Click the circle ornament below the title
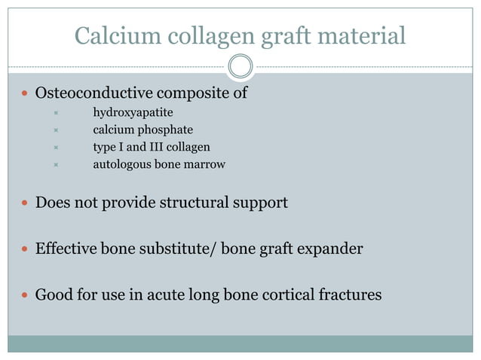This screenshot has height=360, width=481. (x=240, y=66)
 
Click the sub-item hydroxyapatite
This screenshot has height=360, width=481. (x=133, y=113)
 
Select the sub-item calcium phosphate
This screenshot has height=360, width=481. (x=142, y=130)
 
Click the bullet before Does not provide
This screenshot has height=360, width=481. (x=25, y=203)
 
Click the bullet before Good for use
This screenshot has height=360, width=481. (x=25, y=294)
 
